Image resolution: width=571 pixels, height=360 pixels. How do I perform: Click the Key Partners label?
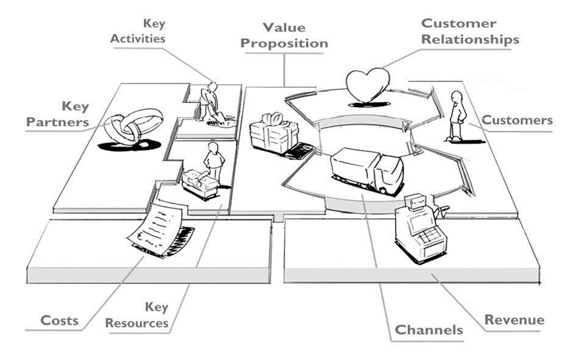pos(57,114)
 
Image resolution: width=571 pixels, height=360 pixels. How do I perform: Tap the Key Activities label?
pos(138,31)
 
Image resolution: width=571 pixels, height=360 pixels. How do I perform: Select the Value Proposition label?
pos(284,35)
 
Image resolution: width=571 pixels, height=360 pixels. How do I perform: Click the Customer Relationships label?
pos(470,31)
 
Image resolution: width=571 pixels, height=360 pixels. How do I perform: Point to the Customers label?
pos(517,120)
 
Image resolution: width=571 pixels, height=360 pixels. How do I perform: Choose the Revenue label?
pos(514,320)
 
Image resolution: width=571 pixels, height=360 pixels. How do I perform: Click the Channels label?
pos(428,330)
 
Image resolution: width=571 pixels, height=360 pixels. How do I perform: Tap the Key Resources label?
pos(137,315)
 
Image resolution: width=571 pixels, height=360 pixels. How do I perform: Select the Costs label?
pos(59,320)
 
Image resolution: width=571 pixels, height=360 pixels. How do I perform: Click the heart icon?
pos(367,86)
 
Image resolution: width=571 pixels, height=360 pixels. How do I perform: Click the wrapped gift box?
pos(274,133)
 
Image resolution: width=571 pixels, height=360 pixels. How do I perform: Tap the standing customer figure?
pos(456,116)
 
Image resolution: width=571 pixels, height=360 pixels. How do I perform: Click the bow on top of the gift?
pos(272,119)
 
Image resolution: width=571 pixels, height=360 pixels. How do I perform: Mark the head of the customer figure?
pos(456,97)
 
